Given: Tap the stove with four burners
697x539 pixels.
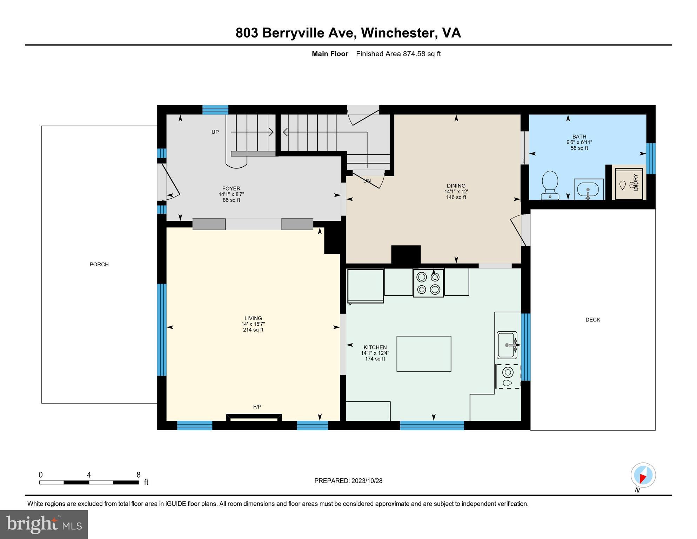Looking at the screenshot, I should pyautogui.click(x=428, y=283).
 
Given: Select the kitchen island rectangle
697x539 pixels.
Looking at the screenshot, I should pyautogui.click(x=424, y=354).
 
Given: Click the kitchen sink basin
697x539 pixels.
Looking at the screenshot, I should pyautogui.click(x=506, y=345).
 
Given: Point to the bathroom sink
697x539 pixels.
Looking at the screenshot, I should pyautogui.click(x=589, y=190).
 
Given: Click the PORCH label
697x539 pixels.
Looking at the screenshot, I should pyautogui.click(x=99, y=265).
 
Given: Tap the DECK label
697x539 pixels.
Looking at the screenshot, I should pyautogui.click(x=593, y=320).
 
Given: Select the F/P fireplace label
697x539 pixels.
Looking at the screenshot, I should pyautogui.click(x=257, y=407).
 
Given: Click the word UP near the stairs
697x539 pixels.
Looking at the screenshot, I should pyautogui.click(x=215, y=132).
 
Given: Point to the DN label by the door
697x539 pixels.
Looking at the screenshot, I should pyautogui.click(x=367, y=181).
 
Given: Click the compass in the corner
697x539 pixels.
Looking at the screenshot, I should pyautogui.click(x=643, y=475).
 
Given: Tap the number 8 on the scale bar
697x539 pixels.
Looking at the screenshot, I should pyautogui.click(x=139, y=475).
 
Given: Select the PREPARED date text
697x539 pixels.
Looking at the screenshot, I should pyautogui.click(x=348, y=481).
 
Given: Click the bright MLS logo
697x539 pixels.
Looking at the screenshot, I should pyautogui.click(x=44, y=524).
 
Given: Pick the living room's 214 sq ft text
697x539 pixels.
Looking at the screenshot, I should pyautogui.click(x=253, y=330).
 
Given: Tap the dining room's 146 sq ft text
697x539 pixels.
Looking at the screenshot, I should pyautogui.click(x=456, y=197).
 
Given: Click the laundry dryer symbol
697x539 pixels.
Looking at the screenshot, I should pyautogui.click(x=629, y=184).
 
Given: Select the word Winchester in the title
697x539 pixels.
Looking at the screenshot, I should pyautogui.click(x=398, y=33).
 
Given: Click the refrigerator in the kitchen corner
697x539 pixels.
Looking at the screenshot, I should pyautogui.click(x=365, y=286).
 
